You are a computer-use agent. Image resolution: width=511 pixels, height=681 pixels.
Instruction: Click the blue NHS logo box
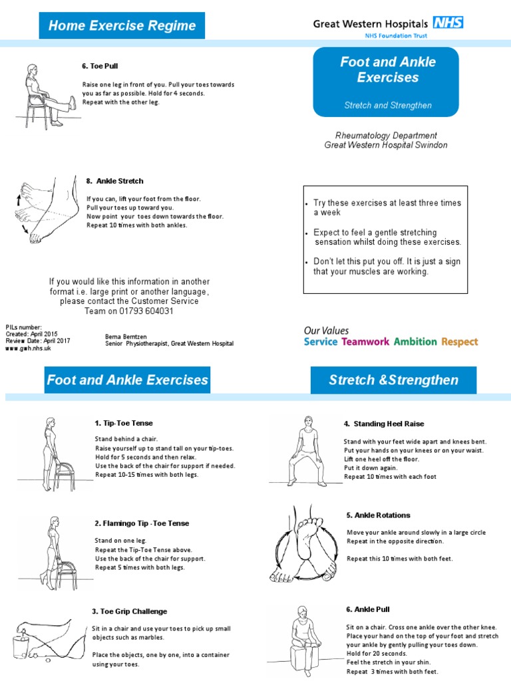448,23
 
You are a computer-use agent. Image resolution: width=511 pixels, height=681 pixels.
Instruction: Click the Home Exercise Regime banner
122,26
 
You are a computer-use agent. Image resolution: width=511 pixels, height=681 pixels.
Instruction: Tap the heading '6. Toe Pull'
100,66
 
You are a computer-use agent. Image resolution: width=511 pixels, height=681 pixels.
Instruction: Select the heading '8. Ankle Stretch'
114,181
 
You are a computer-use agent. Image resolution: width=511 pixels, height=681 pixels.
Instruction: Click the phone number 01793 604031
138,311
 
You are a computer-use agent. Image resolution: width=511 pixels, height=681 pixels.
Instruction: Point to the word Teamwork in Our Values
365,342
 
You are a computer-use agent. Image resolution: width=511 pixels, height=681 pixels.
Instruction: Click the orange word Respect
460,342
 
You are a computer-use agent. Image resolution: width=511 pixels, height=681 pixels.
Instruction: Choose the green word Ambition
415,342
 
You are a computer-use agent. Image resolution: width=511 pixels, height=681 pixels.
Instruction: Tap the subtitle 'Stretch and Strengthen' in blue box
387,105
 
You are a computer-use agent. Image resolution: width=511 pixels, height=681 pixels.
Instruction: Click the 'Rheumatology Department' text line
386,135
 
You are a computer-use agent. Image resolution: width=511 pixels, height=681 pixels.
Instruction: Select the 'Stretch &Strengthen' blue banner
393,380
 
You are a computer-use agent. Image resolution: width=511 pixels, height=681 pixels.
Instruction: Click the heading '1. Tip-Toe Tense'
124,423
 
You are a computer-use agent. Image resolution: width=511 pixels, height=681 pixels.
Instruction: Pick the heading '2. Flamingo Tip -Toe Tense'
142,523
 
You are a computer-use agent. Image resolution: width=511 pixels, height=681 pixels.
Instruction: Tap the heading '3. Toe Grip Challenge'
129,611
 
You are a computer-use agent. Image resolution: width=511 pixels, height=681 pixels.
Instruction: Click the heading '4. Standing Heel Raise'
383,424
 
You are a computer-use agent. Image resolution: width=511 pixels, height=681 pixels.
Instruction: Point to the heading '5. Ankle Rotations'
378,515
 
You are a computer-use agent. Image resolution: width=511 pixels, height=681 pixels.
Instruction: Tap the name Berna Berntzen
127,337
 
